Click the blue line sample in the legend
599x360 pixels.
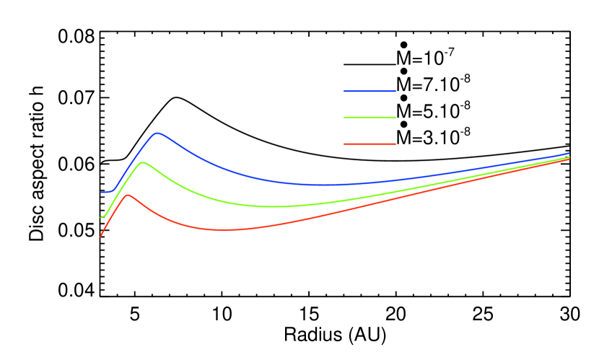pos(370,92)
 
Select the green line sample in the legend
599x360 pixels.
pos(370,118)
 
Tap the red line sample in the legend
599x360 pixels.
pos(370,144)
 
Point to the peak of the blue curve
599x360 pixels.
pos(157,133)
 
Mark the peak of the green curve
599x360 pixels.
pos(142,162)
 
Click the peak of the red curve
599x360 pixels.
pos(128,195)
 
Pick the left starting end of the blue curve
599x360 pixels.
pos(100,193)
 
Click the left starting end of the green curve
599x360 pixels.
pos(100,217)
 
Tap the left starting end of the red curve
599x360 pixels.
pos(100,237)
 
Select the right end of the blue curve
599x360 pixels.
pos(569,153)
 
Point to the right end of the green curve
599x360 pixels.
pos(569,157)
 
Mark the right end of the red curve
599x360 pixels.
pos(569,159)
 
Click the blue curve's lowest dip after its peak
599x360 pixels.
pos(321,185)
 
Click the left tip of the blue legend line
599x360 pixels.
pos(344,92)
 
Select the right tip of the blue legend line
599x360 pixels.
pos(395,92)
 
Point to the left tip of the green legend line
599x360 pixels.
pos(344,118)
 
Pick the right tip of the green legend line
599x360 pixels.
pos(395,118)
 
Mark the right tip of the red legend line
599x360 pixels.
pos(395,144)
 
